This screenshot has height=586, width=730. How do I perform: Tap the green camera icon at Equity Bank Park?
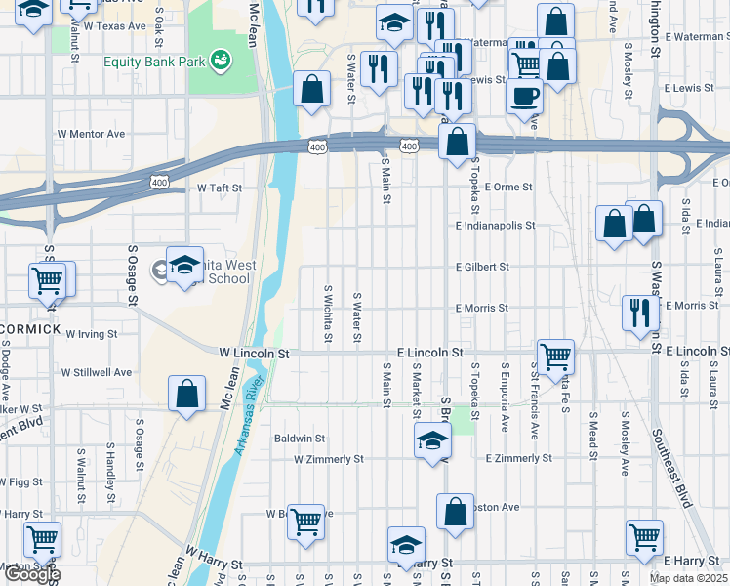(x=222, y=60)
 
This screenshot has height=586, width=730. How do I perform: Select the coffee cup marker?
(x=524, y=97)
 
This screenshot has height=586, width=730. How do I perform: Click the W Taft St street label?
(x=219, y=187)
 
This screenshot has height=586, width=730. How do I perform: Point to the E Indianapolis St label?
(x=495, y=225)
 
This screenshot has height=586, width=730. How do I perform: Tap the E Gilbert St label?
(x=482, y=266)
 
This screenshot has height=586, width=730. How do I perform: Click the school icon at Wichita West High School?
(x=183, y=266)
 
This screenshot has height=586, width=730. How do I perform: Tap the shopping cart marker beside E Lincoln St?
(x=555, y=356)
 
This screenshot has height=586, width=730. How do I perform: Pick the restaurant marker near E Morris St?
(x=640, y=314)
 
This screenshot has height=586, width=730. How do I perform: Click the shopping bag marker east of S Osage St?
(x=186, y=395)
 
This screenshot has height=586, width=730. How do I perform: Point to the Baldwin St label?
(x=300, y=439)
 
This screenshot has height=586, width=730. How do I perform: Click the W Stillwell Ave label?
(x=96, y=372)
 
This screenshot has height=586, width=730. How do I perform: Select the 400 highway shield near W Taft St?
(x=159, y=182)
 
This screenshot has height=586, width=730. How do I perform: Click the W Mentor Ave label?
(x=92, y=133)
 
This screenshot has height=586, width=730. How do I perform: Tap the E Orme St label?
(x=507, y=187)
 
